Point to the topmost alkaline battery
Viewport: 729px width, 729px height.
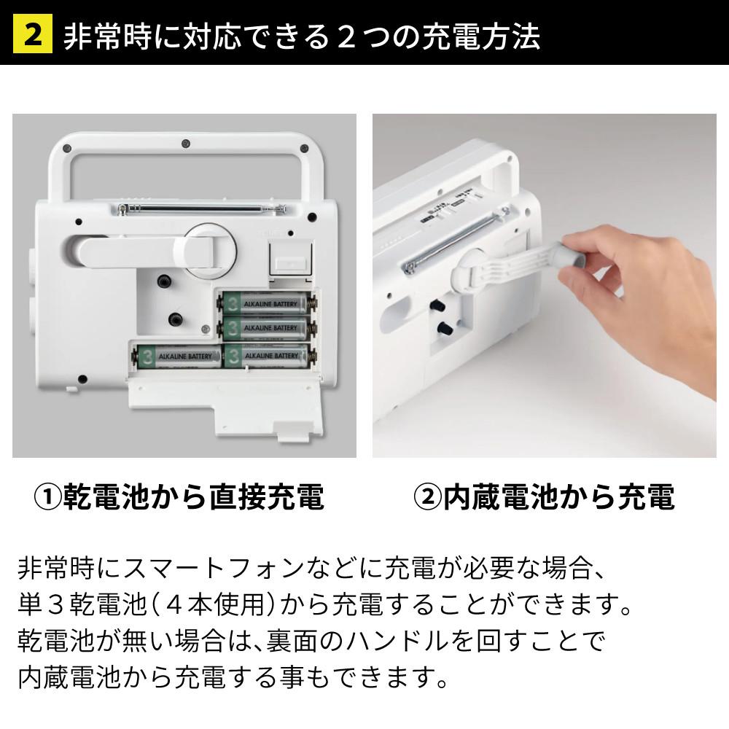[268, 301]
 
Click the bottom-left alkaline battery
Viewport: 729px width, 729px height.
[176, 356]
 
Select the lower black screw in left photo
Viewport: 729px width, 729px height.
[174, 318]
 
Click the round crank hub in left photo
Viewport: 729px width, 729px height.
[210, 250]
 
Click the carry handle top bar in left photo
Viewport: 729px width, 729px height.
[185, 141]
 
